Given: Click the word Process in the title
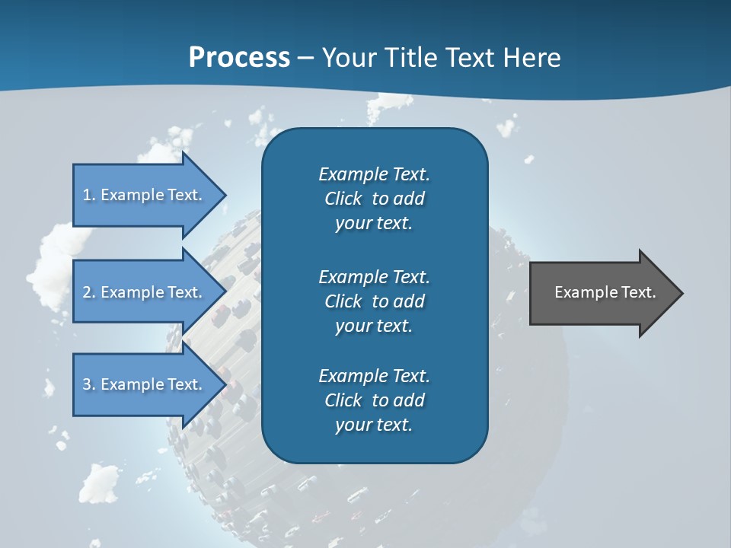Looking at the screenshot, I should click(239, 58).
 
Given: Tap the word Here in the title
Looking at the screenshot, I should click(531, 58).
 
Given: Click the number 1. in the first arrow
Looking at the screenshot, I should click(89, 195).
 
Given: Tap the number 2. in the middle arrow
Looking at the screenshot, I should click(89, 292).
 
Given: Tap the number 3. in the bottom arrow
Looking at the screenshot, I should click(89, 384).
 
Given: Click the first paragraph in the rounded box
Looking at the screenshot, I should click(374, 199).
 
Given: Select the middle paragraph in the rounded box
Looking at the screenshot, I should click(374, 301).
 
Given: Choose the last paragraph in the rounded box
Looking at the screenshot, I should click(374, 400).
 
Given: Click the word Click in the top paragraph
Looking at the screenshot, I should click(343, 199).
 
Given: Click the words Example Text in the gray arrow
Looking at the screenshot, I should click(605, 292).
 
